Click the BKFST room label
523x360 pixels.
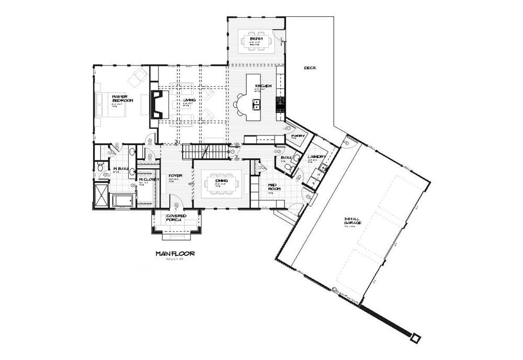(x=255, y=38)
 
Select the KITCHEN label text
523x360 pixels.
(x=263, y=86)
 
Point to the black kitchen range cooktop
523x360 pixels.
(x=280, y=105)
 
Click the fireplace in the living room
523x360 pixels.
(x=157, y=104)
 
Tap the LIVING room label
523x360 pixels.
(x=189, y=99)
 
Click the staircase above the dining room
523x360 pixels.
(x=206, y=152)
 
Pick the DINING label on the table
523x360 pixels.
(x=221, y=181)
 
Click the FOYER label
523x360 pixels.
(x=175, y=176)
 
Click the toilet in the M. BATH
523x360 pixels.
(x=101, y=167)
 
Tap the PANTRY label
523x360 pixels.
(x=298, y=136)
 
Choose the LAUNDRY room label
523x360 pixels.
(x=317, y=157)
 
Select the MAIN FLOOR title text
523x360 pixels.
(x=175, y=254)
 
